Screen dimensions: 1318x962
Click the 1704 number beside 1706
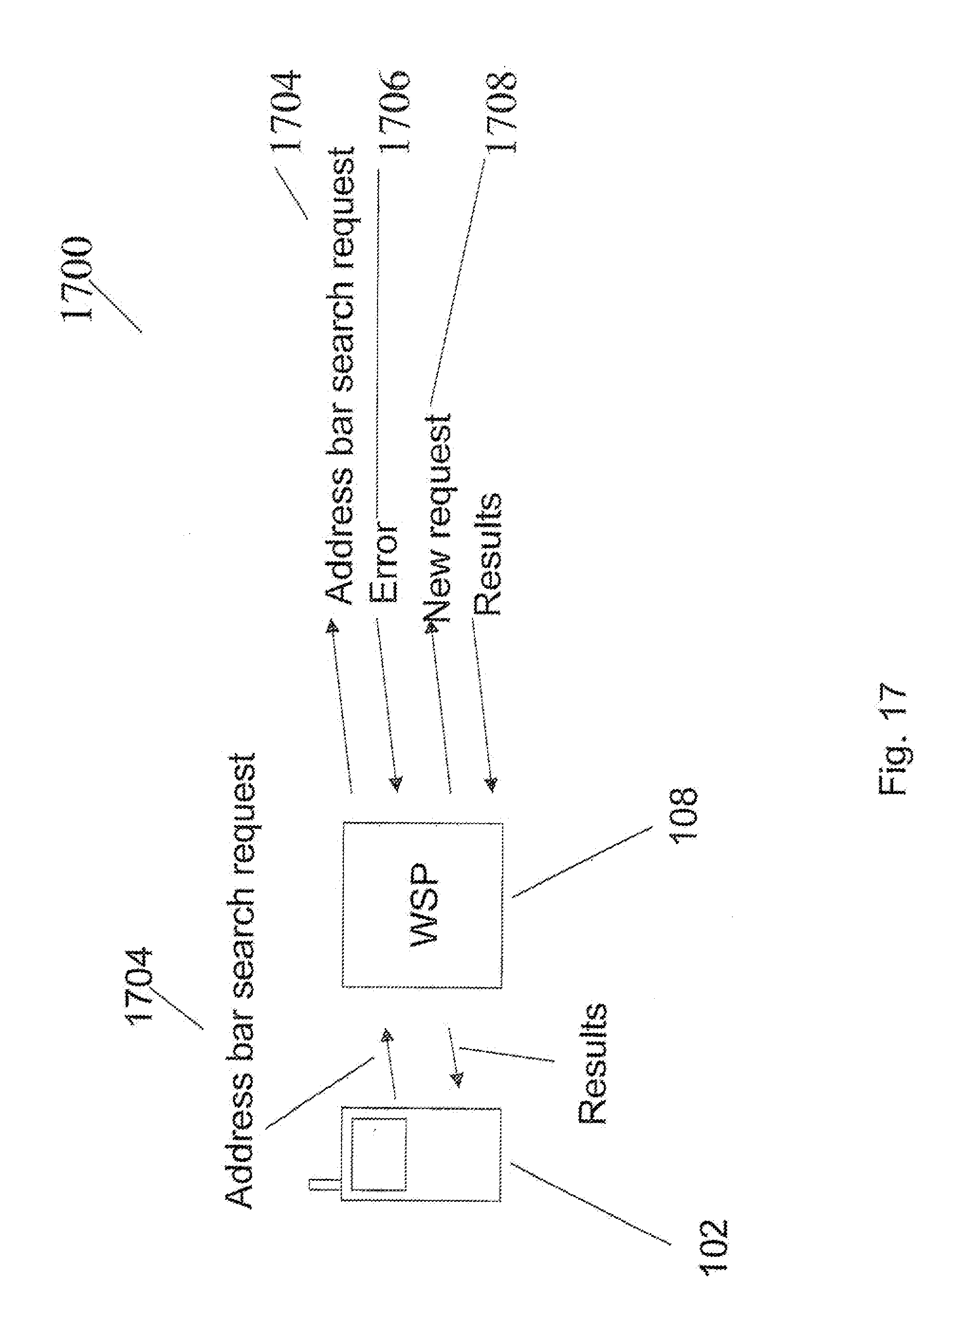[287, 112]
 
